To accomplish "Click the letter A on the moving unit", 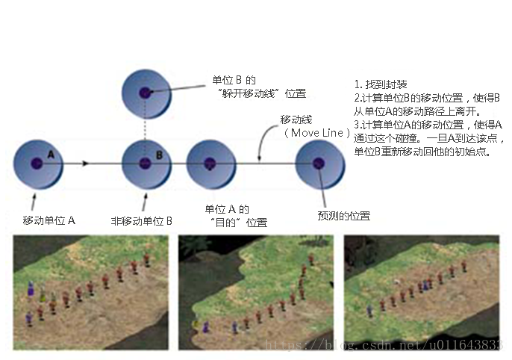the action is point(51,153).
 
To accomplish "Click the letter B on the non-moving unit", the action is point(159,155).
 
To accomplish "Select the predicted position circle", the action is point(320,164).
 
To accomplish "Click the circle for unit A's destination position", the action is point(210,163).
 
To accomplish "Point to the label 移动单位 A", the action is point(50,220).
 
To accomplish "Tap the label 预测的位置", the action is point(344,216).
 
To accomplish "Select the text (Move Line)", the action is point(317,132).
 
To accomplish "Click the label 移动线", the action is point(296,120).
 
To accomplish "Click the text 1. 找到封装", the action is point(381,84).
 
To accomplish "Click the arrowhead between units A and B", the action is point(86,163).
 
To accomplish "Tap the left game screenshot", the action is point(90,292).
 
